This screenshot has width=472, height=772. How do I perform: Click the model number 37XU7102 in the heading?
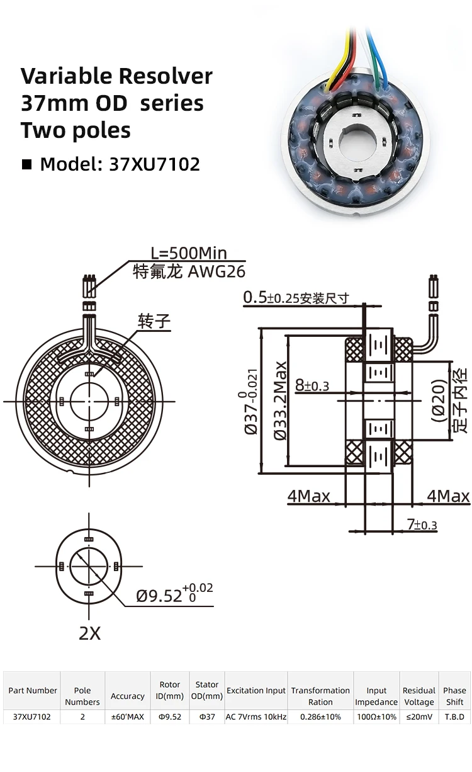tap(154, 164)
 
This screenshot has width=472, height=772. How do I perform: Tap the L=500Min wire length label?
tap(188, 253)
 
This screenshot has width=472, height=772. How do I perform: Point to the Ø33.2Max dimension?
tap(281, 400)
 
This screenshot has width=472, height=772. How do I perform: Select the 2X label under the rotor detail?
tap(89, 633)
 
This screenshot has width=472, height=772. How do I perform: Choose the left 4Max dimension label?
tap(308, 496)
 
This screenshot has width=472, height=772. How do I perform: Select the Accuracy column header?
tap(127, 696)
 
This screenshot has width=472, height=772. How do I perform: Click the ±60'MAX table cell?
tap(127, 717)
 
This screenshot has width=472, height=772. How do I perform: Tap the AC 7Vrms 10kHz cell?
tap(256, 717)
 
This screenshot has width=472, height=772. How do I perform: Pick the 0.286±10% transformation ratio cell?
tap(320, 717)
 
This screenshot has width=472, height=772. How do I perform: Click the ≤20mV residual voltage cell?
tap(419, 717)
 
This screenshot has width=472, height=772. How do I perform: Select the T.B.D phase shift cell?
tap(454, 717)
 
